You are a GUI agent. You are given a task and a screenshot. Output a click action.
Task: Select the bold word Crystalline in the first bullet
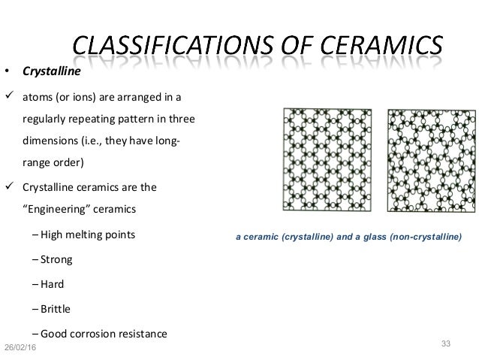[44, 74]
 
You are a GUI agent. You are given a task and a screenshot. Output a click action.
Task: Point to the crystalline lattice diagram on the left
[329, 159]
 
